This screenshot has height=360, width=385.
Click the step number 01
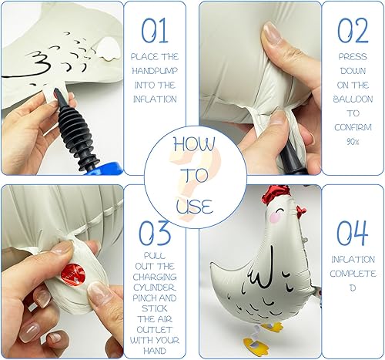(x=155, y=30)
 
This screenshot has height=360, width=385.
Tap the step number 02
(x=353, y=30)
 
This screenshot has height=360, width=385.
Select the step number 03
(x=155, y=233)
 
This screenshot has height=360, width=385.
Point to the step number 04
(x=352, y=233)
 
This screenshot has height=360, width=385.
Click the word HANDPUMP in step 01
(x=155, y=71)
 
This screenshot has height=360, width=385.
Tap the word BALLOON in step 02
(x=353, y=99)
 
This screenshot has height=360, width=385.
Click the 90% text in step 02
(x=353, y=141)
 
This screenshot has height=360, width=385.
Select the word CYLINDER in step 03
(x=155, y=288)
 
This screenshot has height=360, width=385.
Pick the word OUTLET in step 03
(x=154, y=330)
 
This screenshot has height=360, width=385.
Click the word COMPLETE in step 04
(x=353, y=274)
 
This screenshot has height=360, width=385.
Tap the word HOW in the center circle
(x=194, y=144)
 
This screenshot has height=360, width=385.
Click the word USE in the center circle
(x=195, y=206)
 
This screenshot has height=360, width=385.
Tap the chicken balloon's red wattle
(x=302, y=210)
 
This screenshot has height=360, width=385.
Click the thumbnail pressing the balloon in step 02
(x=272, y=32)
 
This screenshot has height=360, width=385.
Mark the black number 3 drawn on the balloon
(x=38, y=62)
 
